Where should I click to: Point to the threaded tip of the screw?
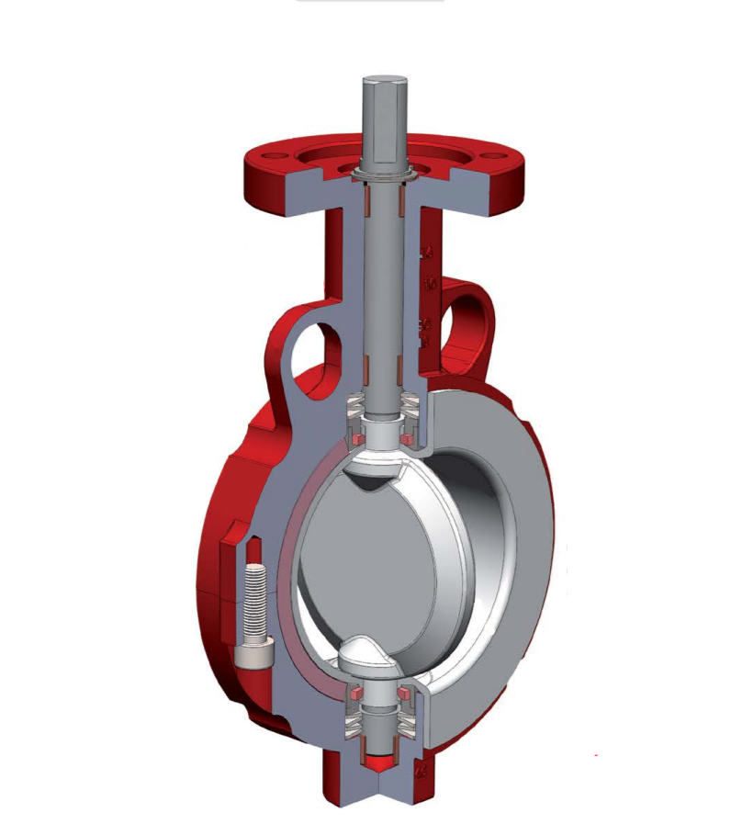tap(254, 573)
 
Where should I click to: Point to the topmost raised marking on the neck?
tap(426, 252)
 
